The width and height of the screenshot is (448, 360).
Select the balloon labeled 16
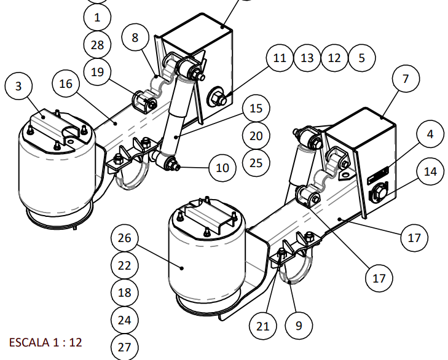(66, 84)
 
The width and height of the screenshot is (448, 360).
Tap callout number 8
(136, 37)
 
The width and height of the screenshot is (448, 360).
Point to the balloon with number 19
(98, 72)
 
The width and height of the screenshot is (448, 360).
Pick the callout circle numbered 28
(98, 45)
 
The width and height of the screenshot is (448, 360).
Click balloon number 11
(280, 58)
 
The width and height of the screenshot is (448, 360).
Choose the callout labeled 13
(307, 58)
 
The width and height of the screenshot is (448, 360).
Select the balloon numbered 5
(361, 58)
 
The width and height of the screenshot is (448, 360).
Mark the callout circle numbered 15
(256, 109)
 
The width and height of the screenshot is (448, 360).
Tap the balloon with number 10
(222, 166)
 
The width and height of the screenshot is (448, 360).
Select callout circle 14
(431, 172)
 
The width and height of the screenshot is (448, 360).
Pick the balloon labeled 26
(125, 238)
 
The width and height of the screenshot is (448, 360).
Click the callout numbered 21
(263, 326)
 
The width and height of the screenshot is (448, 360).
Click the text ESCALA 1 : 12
(45, 342)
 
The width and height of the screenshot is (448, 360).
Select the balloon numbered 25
(256, 163)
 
